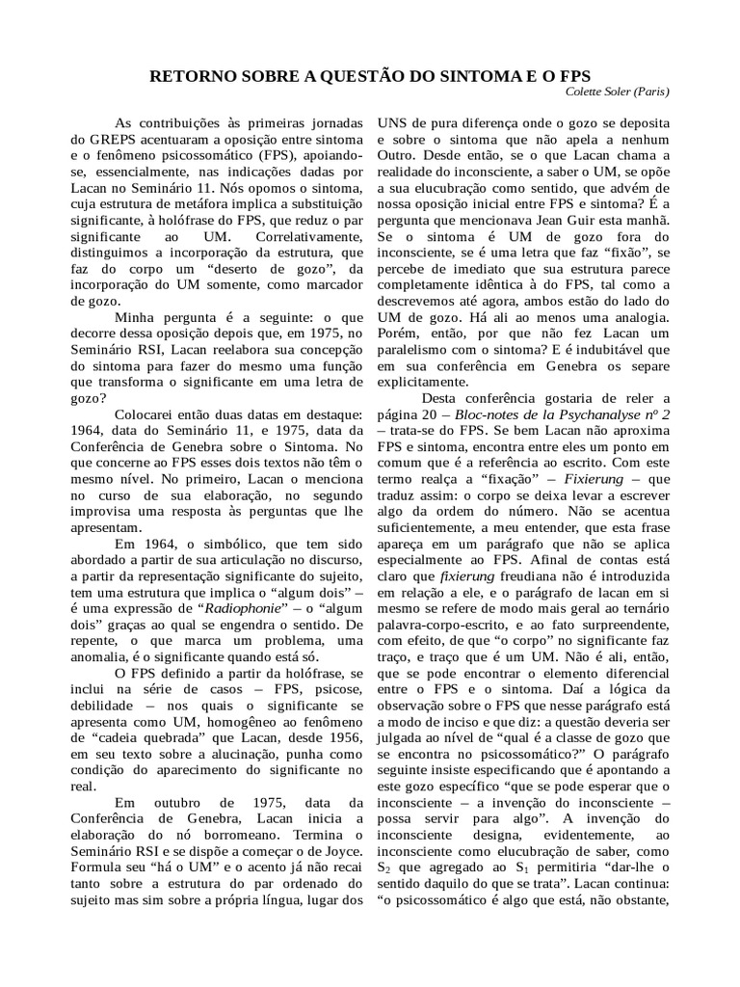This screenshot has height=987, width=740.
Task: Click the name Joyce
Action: (342, 867)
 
